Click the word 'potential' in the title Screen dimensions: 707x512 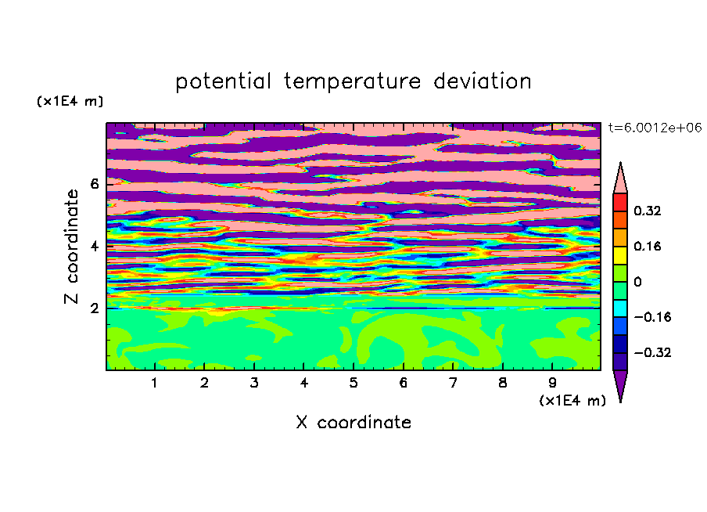tap(223, 81)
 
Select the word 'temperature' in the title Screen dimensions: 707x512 tap(352, 81)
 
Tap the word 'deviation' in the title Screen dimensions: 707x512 tap(482, 81)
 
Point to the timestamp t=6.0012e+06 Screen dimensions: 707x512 tap(655, 128)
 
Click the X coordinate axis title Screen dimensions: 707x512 tap(353, 422)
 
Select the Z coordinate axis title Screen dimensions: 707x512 tap(71, 246)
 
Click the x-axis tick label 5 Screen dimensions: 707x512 tap(353, 383)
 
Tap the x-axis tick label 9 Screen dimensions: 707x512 tap(552, 383)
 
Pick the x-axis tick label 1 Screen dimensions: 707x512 tap(155, 383)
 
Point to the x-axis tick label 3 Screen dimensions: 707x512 tap(254, 383)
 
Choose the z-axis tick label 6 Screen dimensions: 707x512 tap(95, 184)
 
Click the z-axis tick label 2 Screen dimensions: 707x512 tap(95, 308)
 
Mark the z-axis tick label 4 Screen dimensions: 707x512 tap(95, 246)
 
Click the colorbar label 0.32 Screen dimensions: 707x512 tap(648, 211)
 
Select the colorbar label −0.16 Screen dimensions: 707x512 tap(652, 317)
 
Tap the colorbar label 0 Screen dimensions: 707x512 tap(637, 282)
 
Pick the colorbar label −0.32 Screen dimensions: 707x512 tap(652, 352)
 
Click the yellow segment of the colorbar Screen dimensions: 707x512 tap(620, 255)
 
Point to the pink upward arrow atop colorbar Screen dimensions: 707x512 tap(620, 178)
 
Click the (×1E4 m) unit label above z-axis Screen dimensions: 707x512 tap(70, 101)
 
